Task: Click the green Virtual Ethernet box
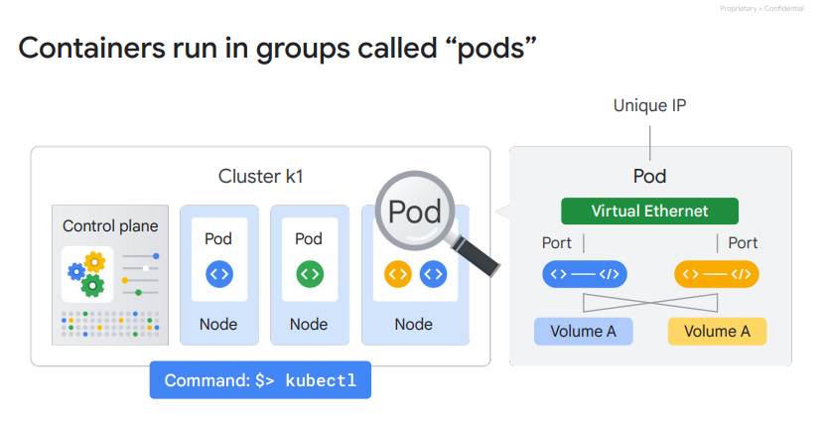pyautogui.click(x=649, y=212)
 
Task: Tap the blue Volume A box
pyautogui.click(x=583, y=331)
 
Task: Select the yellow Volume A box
pyautogui.click(x=717, y=331)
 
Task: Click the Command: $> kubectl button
pyautogui.click(x=259, y=380)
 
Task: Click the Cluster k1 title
pyautogui.click(x=260, y=177)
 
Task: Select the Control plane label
pyautogui.click(x=110, y=225)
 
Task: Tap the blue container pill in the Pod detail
pyautogui.click(x=583, y=272)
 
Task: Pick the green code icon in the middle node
pyautogui.click(x=309, y=272)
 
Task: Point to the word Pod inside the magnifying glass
pyautogui.click(x=414, y=212)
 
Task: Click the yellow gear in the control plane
pyautogui.click(x=94, y=262)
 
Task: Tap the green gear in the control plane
pyautogui.click(x=93, y=286)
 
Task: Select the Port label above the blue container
pyautogui.click(x=557, y=243)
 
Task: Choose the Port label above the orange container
pyautogui.click(x=743, y=243)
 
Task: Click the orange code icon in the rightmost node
pyautogui.click(x=397, y=272)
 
